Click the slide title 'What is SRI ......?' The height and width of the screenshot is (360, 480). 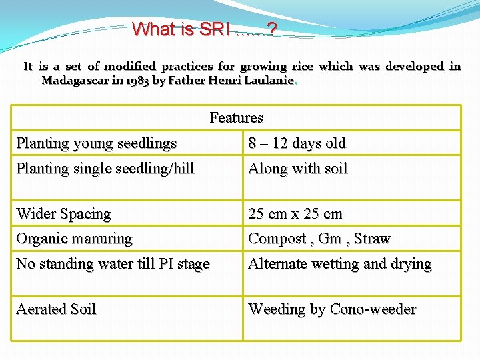[205, 29]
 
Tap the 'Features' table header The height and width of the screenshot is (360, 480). [236, 118]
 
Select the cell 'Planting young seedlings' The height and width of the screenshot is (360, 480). [97, 143]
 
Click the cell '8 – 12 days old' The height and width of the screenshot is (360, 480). [297, 143]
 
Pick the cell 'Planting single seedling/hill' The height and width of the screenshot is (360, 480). [105, 169]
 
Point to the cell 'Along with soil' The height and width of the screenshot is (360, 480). [297, 169]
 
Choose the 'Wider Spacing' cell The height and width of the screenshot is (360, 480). [63, 214]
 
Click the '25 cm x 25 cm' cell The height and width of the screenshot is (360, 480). [295, 214]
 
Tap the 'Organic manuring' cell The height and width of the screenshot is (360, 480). [74, 239]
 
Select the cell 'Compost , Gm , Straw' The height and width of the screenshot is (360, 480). [319, 239]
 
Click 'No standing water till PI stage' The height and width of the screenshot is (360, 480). [113, 264]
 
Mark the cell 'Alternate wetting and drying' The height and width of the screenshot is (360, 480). [339, 264]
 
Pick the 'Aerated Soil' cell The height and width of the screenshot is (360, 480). [56, 309]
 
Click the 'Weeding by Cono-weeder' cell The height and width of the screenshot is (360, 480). [331, 309]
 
